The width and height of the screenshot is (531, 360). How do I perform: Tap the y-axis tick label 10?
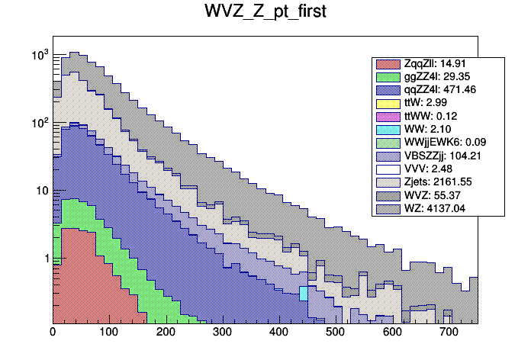click(41, 191)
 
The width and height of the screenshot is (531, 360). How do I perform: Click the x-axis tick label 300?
click(222, 333)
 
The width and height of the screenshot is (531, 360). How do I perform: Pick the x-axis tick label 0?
click(53, 333)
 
